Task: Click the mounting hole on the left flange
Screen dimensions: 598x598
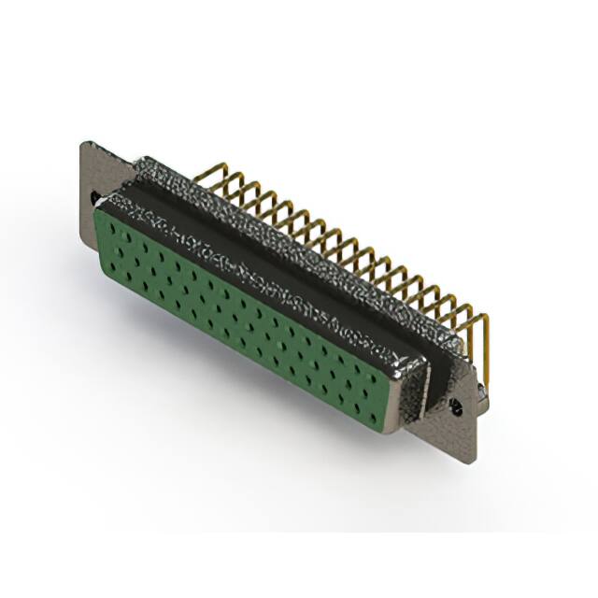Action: coord(95,198)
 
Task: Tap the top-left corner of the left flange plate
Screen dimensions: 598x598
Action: coord(85,144)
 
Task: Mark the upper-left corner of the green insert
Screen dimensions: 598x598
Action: coord(101,211)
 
